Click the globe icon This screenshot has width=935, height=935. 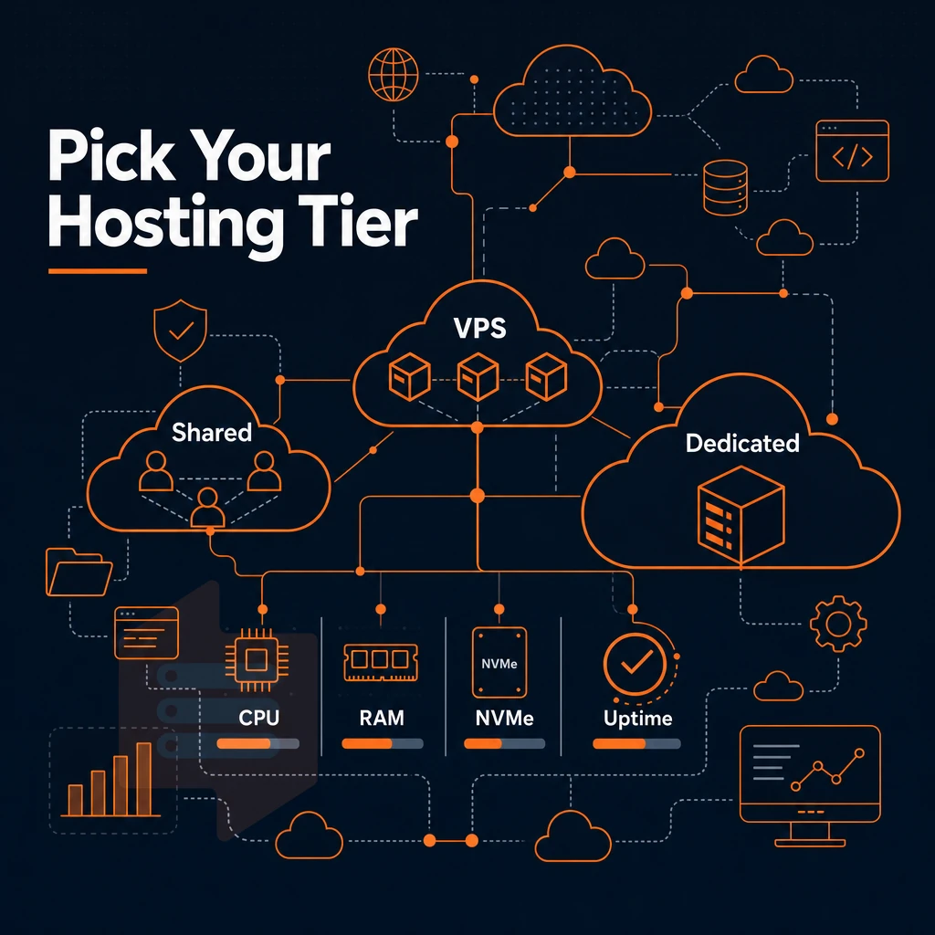[x=393, y=75]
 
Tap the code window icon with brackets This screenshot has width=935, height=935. [x=852, y=151]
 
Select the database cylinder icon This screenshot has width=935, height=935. [x=725, y=187]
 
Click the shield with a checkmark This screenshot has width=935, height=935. [x=180, y=331]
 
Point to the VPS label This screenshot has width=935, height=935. [x=479, y=328]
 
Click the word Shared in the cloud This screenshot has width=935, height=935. [x=212, y=432]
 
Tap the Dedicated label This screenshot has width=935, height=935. [x=742, y=443]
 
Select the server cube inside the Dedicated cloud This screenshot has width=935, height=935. [x=741, y=515]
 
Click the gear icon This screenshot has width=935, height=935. [x=838, y=624]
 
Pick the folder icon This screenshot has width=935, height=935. [x=79, y=573]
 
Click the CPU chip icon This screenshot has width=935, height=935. [x=257, y=659]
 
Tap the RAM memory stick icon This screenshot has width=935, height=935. [x=381, y=663]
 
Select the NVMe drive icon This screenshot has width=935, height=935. [x=499, y=662]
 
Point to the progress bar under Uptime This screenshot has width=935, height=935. [x=636, y=743]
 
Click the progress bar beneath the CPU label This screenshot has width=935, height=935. [x=257, y=743]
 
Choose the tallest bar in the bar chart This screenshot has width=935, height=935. [x=143, y=779]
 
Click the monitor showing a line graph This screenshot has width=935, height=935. [x=810, y=785]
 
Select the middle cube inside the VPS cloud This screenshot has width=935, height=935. [x=477, y=376]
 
